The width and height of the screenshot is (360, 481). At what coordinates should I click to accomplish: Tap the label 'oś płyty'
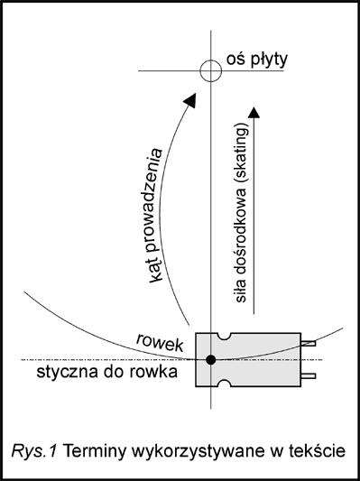click(x=257, y=60)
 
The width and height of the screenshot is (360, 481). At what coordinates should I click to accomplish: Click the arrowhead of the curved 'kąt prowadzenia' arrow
click(x=190, y=99)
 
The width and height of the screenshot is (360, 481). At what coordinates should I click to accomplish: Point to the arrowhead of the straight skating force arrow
click(x=254, y=112)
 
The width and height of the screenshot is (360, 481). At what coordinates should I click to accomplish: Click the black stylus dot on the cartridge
click(x=210, y=359)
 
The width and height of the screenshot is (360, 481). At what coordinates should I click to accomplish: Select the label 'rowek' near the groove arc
click(x=160, y=342)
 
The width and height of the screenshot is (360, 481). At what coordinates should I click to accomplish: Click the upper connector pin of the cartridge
click(x=308, y=343)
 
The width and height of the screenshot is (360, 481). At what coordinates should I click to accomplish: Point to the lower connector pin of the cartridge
click(x=308, y=375)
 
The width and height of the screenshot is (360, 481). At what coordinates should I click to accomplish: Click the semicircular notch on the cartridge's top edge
click(x=224, y=337)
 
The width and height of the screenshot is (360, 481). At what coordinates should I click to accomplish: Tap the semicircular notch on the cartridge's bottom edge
click(x=224, y=383)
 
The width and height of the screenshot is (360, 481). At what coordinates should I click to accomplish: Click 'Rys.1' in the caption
click(x=34, y=451)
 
